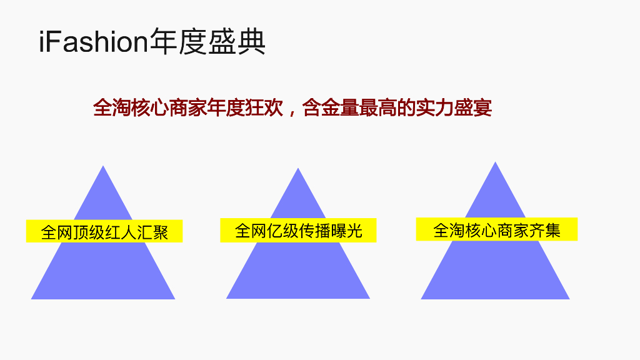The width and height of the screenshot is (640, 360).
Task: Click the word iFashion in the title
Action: (92, 42)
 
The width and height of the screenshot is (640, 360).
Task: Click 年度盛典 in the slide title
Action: (207, 42)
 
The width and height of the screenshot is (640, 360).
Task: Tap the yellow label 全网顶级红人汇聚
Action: (104, 232)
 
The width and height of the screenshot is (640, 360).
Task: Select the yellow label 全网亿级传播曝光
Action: (298, 231)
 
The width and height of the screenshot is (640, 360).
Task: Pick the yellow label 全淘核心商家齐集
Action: (497, 230)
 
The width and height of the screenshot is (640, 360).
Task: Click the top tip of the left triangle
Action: (103, 167)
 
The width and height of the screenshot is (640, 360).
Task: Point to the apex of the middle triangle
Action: (298, 169)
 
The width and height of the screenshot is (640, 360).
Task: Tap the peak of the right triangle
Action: (495, 163)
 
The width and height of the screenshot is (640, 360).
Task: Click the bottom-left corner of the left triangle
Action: (32, 298)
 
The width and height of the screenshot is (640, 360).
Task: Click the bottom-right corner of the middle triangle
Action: (369, 297)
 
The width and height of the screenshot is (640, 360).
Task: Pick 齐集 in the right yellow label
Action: (544, 230)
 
